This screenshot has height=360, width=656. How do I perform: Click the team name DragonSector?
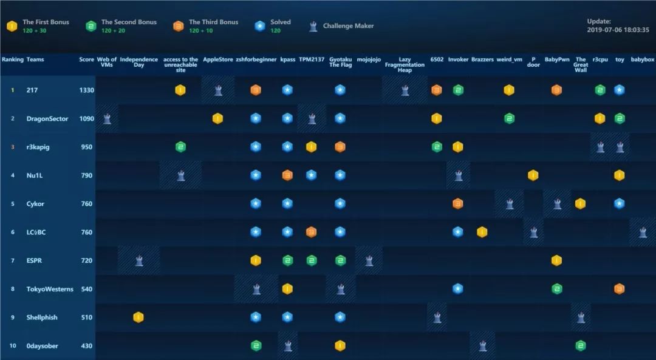click(x=47, y=118)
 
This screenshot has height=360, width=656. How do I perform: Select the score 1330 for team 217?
click(x=86, y=90)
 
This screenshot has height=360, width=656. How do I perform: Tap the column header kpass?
click(x=287, y=59)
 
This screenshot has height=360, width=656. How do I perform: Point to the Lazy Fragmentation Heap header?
click(x=405, y=64)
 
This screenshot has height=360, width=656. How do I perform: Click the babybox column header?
click(x=642, y=59)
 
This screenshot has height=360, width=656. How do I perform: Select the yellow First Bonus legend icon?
click(x=12, y=26)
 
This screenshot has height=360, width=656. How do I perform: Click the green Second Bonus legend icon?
click(x=91, y=26)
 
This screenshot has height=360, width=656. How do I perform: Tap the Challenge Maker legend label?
click(x=348, y=26)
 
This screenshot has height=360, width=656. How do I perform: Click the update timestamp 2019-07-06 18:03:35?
click(x=618, y=29)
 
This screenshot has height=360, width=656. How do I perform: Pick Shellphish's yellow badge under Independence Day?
click(x=138, y=317)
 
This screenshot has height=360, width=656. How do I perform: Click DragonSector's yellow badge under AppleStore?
click(x=217, y=118)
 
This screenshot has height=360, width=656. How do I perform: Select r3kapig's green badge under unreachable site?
click(x=180, y=147)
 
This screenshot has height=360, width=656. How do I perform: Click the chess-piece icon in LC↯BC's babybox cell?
click(x=643, y=232)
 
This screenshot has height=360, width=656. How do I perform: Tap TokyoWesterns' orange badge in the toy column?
click(x=619, y=289)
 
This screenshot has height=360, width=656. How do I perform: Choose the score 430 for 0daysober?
click(x=86, y=346)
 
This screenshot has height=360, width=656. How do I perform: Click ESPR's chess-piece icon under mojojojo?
click(x=369, y=260)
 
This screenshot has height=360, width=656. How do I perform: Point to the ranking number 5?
click(x=12, y=204)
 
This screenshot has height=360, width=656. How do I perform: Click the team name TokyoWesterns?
click(x=50, y=289)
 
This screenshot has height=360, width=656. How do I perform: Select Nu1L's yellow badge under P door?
click(x=533, y=175)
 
